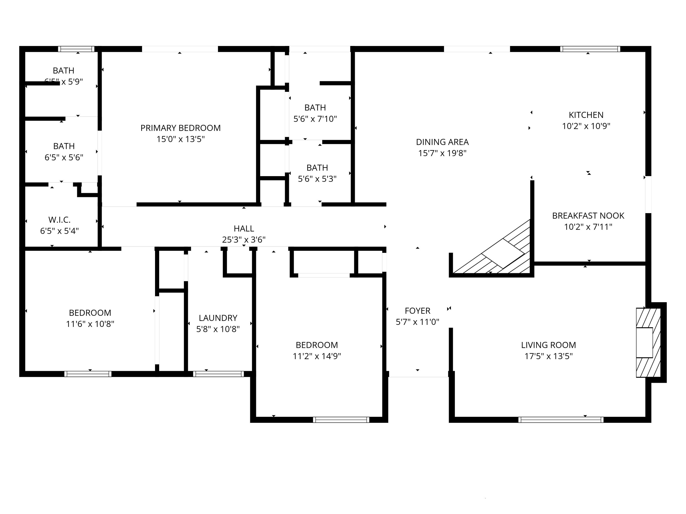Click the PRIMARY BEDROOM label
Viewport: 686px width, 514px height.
(x=180, y=128)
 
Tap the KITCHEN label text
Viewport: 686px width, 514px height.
(x=586, y=115)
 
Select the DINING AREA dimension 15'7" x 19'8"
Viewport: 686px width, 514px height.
(x=442, y=153)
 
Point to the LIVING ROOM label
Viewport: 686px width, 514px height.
(x=548, y=345)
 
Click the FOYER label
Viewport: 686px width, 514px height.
(x=417, y=311)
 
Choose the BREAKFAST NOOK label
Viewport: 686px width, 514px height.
(x=588, y=216)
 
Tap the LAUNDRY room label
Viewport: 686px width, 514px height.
(x=218, y=318)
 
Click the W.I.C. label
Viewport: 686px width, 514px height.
(x=59, y=220)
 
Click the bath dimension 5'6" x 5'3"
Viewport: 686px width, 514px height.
(x=317, y=179)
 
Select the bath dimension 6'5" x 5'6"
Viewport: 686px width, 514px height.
(x=64, y=157)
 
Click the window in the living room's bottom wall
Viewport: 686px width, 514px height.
(x=561, y=420)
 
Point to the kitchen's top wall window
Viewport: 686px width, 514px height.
(x=590, y=49)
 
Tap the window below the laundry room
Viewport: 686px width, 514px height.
(x=218, y=374)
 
